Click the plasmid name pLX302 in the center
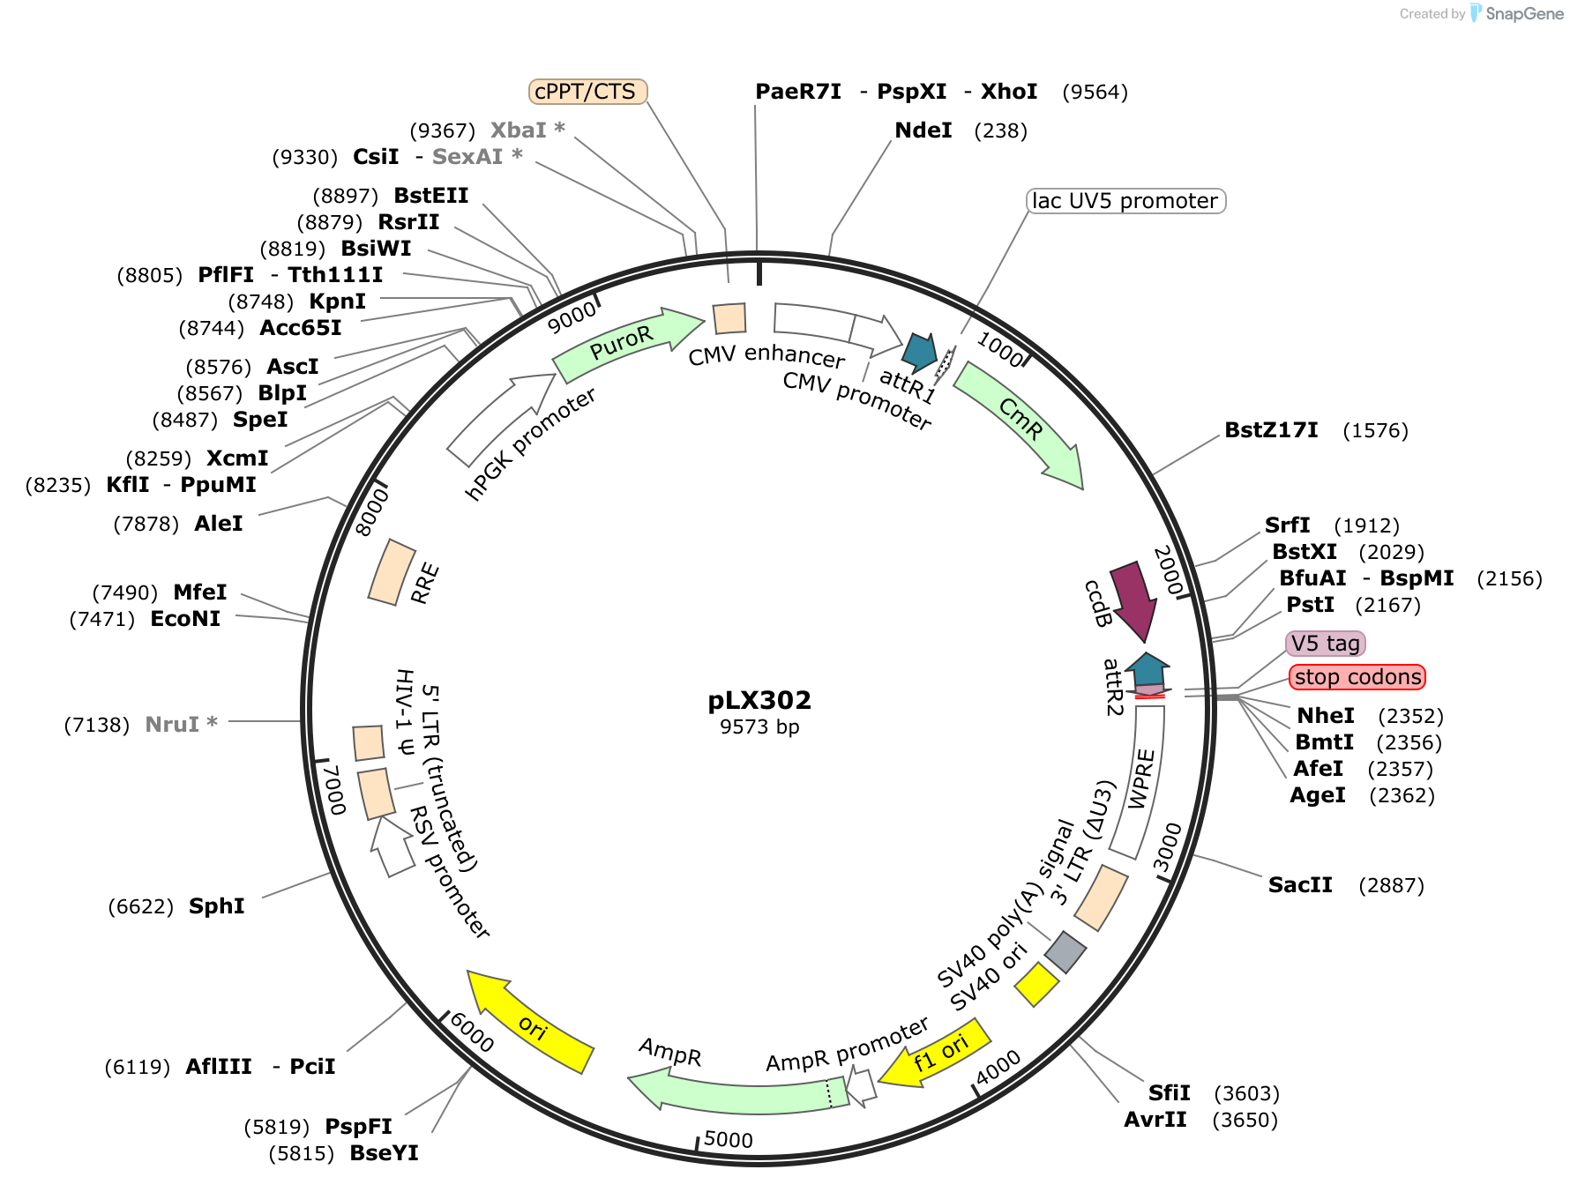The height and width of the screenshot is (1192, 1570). [x=759, y=700]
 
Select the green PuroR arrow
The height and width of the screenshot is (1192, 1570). [x=626, y=343]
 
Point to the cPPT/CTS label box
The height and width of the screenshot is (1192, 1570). [x=587, y=92]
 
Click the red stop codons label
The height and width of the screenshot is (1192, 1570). [x=1357, y=677]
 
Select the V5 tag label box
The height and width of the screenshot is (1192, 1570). [x=1326, y=644]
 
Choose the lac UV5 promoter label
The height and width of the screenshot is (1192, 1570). [x=1126, y=201]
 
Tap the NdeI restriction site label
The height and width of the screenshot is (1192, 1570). [x=923, y=130]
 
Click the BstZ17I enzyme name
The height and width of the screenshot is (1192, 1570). [x=1271, y=430]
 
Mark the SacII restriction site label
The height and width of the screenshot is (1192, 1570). [x=1300, y=885]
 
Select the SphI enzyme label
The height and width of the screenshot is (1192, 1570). [x=217, y=906]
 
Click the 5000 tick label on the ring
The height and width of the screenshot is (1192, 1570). [x=729, y=1140]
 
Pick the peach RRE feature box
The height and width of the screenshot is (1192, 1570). [x=392, y=572]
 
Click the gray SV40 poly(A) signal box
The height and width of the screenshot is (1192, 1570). [x=1065, y=952]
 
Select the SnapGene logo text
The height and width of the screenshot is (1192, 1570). [x=1525, y=13]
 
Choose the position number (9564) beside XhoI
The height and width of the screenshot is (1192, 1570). [x=1095, y=93]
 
